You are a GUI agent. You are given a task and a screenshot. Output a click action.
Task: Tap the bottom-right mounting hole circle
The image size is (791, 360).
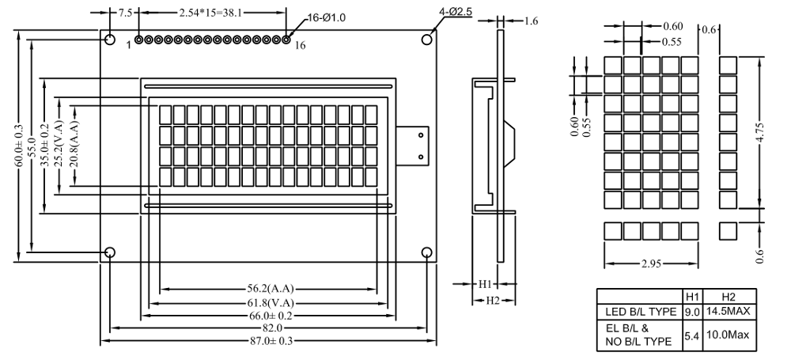coord(427,252)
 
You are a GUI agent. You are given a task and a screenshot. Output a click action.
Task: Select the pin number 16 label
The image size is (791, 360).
coord(300,46)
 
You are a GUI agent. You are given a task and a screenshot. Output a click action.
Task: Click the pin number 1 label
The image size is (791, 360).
coord(128,45)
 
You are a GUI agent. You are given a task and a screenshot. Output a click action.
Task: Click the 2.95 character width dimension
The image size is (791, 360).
coord(651,263)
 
